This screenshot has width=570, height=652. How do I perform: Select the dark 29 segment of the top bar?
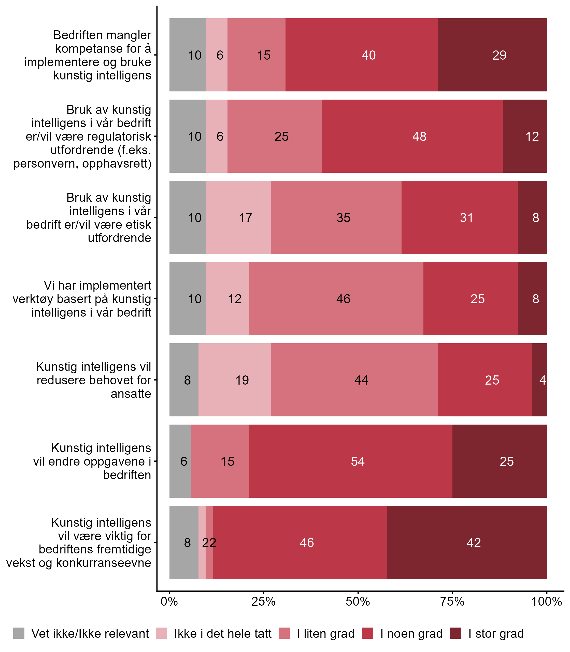point(492,55)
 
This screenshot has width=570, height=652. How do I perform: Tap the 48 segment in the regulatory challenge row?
point(412,136)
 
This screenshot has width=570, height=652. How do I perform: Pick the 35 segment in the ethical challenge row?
point(336,218)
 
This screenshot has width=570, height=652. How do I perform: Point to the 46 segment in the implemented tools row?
point(336,298)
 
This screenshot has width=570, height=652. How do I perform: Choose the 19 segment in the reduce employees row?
point(235,380)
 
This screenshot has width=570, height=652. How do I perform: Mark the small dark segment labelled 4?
point(539,380)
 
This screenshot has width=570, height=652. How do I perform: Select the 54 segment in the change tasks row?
point(351,461)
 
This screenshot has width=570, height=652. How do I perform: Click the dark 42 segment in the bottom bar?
point(467,542)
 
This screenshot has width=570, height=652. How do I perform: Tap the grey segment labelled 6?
point(180,461)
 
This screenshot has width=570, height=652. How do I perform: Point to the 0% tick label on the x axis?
point(169,601)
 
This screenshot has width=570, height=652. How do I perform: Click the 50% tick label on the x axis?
point(358,601)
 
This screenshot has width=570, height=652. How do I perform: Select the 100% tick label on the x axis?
point(547,601)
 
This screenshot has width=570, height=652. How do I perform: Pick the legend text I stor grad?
point(496,634)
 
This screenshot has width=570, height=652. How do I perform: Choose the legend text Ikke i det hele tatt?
point(223,634)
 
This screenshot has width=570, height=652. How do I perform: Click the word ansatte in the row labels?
point(131,394)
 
